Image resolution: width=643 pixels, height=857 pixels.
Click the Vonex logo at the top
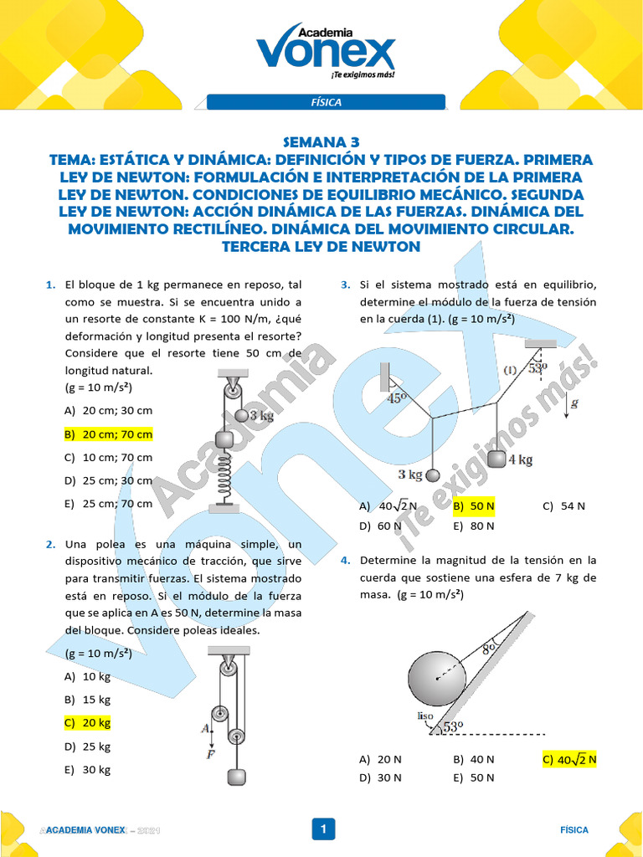tap(325, 49)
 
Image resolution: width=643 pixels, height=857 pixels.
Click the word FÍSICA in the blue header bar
tap(326, 102)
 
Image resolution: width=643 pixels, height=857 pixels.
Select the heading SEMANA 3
tap(321, 142)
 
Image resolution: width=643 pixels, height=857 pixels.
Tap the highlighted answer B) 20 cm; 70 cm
tap(109, 434)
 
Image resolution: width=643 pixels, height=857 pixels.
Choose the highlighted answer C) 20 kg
tap(87, 722)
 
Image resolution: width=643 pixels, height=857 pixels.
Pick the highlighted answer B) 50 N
tap(474, 506)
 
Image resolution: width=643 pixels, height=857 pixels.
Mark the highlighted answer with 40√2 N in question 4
tap(569, 760)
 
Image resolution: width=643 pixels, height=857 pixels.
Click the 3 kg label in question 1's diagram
tap(262, 415)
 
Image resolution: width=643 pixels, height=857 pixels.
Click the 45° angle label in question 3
tap(396, 399)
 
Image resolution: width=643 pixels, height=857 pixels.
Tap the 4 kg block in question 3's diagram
tap(497, 459)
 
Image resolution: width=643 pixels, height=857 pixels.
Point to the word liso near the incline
tap(424, 716)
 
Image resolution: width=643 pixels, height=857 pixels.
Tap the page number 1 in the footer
tap(322, 829)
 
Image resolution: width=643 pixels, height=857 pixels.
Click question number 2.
tap(50, 544)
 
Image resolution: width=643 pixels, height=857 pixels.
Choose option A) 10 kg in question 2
tap(87, 676)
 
